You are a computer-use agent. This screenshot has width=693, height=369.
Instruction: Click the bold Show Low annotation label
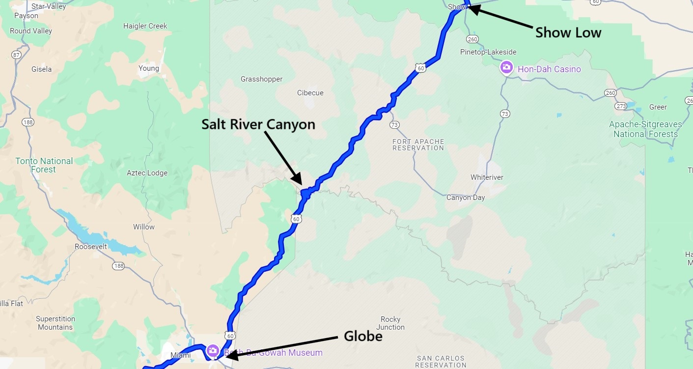pos(568,33)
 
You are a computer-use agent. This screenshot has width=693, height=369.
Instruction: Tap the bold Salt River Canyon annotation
pos(258,124)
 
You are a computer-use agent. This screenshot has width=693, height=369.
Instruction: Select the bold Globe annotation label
pos(362,336)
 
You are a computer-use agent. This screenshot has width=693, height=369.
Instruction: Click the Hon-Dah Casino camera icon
pos(506,68)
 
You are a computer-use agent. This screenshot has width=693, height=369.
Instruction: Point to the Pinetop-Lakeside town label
pos(488,52)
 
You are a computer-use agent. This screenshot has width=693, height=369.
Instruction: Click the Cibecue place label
pos(310,93)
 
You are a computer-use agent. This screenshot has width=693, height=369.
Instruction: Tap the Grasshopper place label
pos(261,79)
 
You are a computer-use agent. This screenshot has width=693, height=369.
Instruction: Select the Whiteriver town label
pos(487,177)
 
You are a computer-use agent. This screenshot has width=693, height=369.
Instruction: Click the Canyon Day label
pos(465,198)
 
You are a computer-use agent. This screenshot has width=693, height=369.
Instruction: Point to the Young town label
pos(149,68)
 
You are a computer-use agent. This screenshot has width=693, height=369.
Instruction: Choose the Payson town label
pos(27,16)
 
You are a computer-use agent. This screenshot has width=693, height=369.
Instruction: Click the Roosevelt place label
pos(91,246)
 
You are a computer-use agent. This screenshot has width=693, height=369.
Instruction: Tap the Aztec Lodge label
pos(147,173)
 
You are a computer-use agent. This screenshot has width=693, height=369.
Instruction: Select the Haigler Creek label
pos(145,26)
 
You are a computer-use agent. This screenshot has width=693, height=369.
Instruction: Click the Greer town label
pos(658,107)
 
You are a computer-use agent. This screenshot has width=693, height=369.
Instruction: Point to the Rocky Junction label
pos(390,323)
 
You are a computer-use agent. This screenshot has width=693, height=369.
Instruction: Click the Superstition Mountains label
pos(55,323)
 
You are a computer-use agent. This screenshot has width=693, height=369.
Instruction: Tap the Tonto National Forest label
pos(44,165)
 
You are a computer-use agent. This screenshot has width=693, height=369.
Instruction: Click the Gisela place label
pos(41,69)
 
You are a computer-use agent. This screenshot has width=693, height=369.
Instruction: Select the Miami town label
pos(180,355)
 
